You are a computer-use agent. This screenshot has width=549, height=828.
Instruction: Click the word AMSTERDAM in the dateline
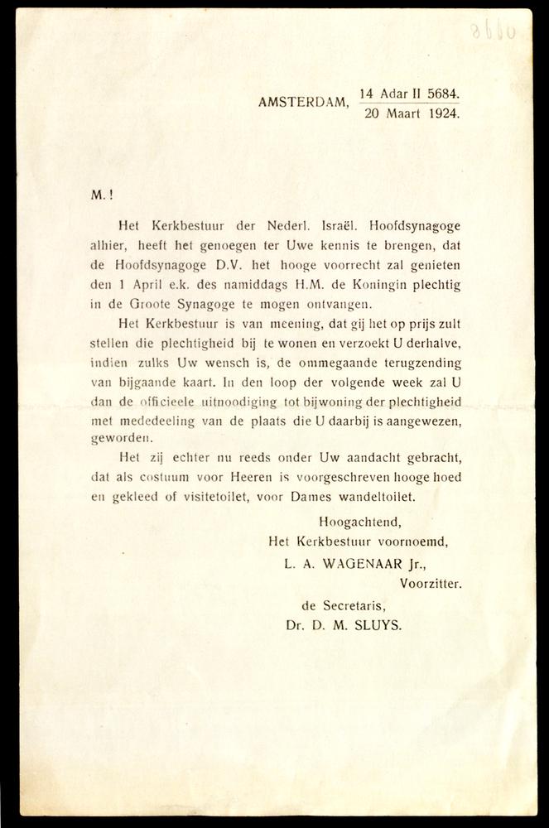point(303,103)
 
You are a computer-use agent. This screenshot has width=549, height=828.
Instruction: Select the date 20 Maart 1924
point(412,114)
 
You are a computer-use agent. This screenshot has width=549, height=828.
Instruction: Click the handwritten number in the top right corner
point(493,31)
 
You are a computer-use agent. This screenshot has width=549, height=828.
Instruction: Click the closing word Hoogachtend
point(359,522)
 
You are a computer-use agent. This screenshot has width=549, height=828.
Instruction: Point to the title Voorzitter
point(430,583)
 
